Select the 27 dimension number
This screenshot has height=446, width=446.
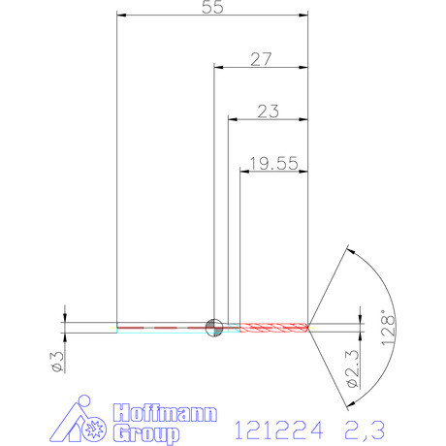pyautogui.click(x=260, y=59)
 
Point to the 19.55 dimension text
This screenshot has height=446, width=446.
pyautogui.click(x=273, y=165)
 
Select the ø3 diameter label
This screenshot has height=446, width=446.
pyautogui.click(x=56, y=363)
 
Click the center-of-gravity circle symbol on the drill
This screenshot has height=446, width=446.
pyautogui.click(x=213, y=327)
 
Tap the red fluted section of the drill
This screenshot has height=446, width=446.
pyautogui.click(x=273, y=327)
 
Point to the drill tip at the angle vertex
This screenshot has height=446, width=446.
pyautogui.click(x=309, y=327)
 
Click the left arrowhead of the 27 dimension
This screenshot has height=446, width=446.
pyautogui.click(x=217, y=68)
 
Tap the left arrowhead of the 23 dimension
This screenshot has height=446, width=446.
pyautogui.click(x=233, y=119)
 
